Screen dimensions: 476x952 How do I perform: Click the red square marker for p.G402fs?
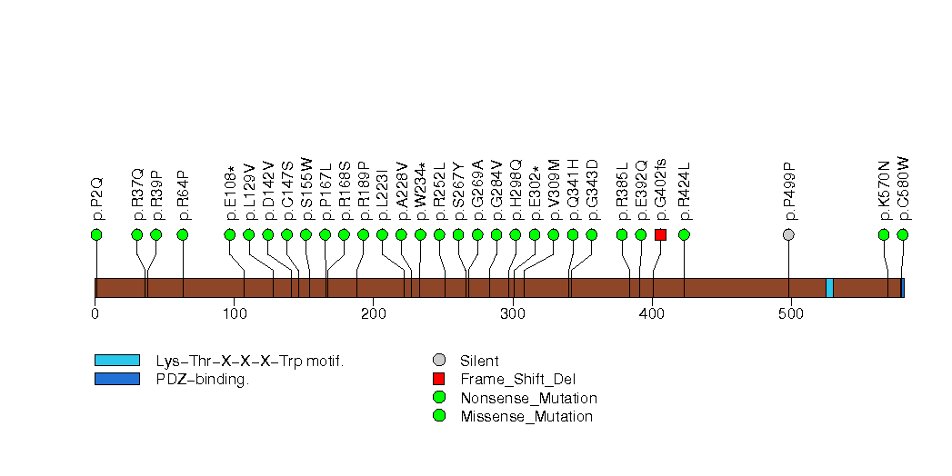click(660, 234)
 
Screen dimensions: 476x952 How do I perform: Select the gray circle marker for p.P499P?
click(788, 234)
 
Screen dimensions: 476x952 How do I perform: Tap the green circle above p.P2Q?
click(96, 234)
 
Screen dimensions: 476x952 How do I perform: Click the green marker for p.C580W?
click(902, 234)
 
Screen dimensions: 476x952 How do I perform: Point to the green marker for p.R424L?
click(684, 234)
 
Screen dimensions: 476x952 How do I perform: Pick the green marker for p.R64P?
click(182, 234)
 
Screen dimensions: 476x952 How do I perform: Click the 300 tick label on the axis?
click(513, 314)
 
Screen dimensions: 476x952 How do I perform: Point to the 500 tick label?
click(790, 314)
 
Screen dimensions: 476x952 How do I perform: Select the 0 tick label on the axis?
click(95, 314)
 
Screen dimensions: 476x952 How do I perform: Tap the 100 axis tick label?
click(235, 314)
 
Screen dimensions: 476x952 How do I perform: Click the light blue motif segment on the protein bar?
click(829, 288)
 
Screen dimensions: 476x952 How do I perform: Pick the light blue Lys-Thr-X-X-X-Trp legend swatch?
click(116, 361)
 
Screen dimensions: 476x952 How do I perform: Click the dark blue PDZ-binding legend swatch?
click(116, 379)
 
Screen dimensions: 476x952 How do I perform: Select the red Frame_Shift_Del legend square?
click(439, 379)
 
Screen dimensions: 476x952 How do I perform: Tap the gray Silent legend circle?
click(439, 361)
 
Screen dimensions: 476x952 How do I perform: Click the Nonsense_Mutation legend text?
click(528, 398)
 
